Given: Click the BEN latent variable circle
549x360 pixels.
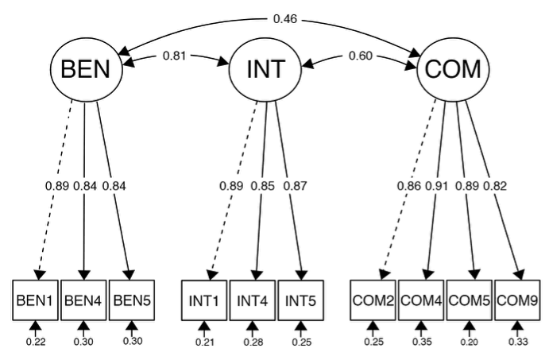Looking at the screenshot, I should point(87,71).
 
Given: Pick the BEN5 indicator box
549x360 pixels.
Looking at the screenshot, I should point(131,300).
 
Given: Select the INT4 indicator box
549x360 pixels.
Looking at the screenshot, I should point(253,300).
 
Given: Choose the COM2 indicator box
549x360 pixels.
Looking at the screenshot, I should point(373,300).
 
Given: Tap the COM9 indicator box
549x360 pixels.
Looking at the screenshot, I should point(516,300).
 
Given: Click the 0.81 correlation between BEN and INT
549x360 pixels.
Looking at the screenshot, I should point(175,56).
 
